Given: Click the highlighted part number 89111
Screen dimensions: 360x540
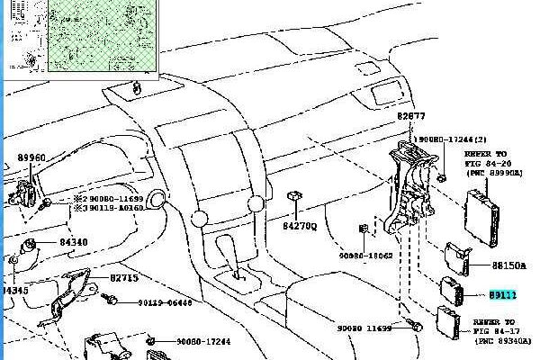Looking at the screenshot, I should tap(503, 293).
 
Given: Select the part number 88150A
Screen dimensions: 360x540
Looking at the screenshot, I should tap(508, 266).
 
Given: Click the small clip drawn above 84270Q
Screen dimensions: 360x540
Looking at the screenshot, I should tap(293, 195).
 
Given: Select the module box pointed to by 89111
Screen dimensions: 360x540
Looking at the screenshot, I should tap(449, 291).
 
